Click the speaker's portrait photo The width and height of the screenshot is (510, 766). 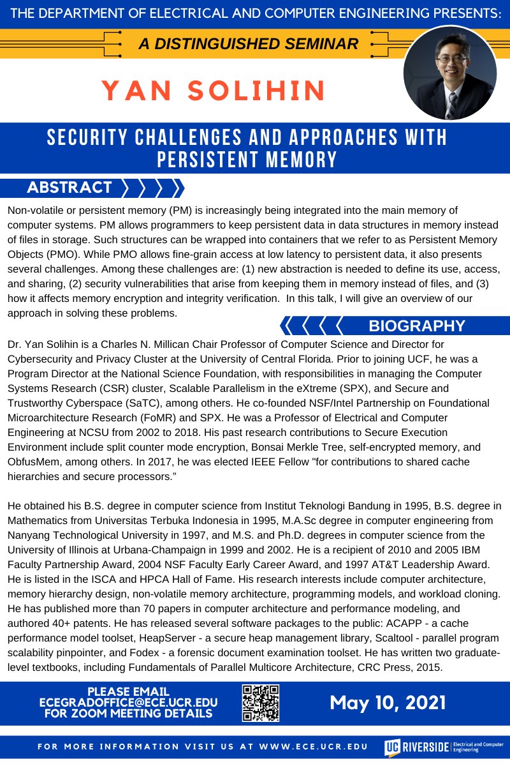point(450,74)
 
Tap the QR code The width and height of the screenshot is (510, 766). point(261,703)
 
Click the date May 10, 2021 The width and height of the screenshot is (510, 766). point(388,703)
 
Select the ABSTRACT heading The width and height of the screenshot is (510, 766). point(69,188)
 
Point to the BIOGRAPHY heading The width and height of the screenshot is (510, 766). point(417,326)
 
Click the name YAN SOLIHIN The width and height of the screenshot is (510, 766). point(214,91)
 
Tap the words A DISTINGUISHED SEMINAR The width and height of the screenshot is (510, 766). point(249,44)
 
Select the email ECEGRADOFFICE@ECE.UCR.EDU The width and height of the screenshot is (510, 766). point(128,703)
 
